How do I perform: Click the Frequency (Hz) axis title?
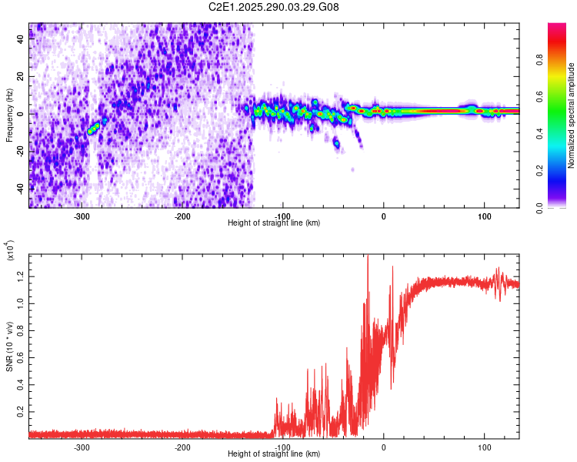tap(9, 115)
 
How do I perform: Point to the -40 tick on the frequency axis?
tap(21, 187)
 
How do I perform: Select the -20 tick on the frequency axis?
tap(21, 150)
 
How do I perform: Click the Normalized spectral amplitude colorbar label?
tap(571, 115)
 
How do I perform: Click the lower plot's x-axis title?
tap(274, 454)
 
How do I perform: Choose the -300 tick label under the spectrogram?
tap(82, 216)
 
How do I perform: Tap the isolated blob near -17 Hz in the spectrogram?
tap(336, 142)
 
